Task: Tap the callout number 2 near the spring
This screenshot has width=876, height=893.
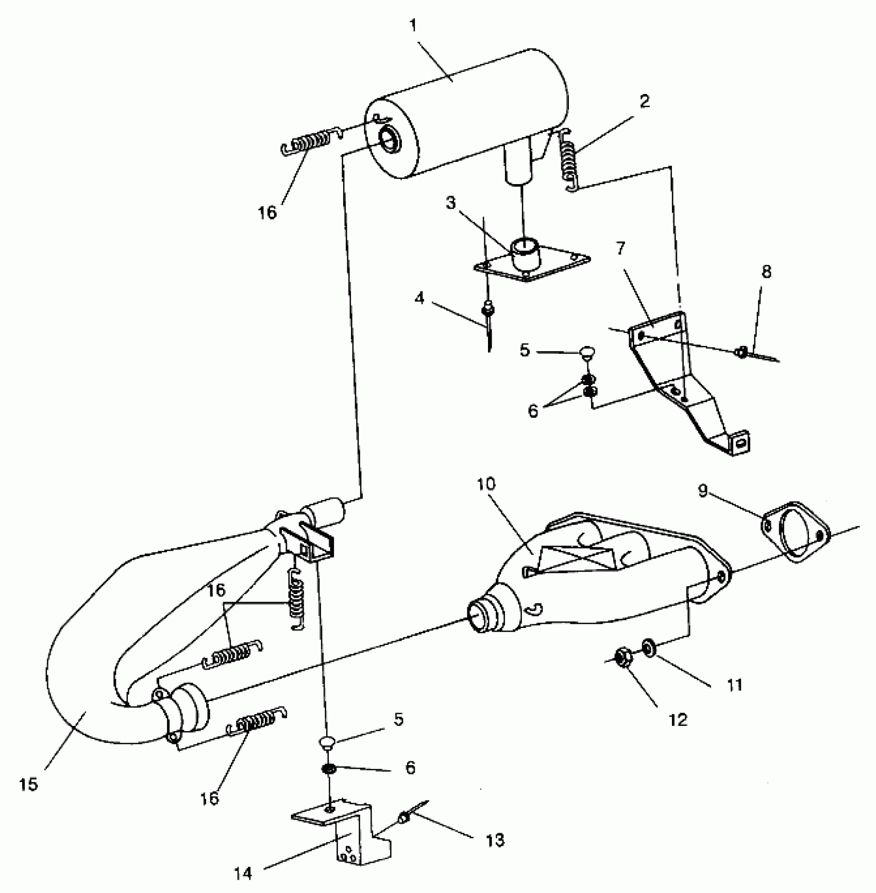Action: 644,102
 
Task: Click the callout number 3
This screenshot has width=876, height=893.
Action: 451,203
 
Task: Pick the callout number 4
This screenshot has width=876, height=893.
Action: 420,298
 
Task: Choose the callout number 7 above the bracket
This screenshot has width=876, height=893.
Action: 621,249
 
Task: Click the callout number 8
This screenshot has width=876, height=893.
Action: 766,272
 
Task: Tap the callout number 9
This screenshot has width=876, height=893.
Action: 703,491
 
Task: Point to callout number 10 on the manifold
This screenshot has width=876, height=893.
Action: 486,484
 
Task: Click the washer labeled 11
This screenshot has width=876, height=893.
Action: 648,647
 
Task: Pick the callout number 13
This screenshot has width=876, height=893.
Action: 495,840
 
